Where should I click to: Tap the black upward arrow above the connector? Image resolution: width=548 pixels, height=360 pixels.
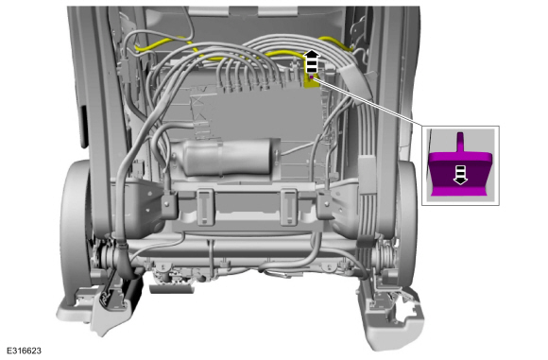pyautogui.click(x=312, y=61)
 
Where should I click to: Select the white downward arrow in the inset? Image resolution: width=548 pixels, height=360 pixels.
pyautogui.click(x=461, y=175)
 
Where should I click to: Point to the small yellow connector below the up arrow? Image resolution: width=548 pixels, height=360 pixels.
pyautogui.click(x=310, y=80)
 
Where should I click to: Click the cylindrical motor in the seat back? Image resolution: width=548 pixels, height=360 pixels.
pyautogui.click(x=227, y=157)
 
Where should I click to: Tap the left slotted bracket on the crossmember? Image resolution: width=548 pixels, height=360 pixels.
pyautogui.click(x=205, y=207)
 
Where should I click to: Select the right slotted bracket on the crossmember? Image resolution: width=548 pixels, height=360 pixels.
pyautogui.click(x=289, y=207)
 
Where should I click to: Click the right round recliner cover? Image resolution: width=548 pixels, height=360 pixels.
pyautogui.click(x=406, y=216)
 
